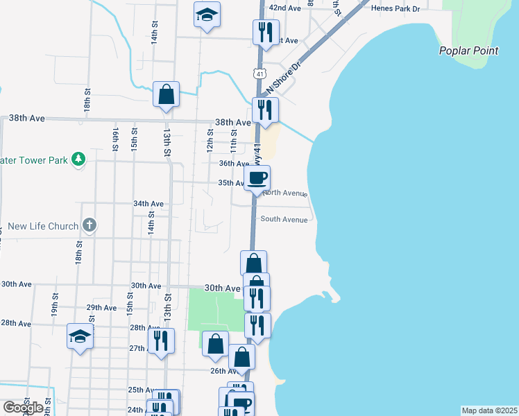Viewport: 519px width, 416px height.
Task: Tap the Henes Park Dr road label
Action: pos(396,9)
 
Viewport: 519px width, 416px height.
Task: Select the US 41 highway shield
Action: pos(259,73)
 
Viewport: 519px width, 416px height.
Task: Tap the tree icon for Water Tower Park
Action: pos(78,159)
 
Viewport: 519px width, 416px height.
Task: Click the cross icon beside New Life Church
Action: pos(89,225)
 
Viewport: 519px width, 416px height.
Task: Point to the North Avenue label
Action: pos(284,193)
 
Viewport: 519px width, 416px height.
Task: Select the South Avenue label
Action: pos(283,219)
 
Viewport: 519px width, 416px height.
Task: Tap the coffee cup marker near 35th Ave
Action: pos(257,178)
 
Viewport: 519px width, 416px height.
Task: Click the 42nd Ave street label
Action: pos(285,8)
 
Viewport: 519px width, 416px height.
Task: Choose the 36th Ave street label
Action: pos(234,164)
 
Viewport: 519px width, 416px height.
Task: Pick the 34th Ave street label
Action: pos(148,204)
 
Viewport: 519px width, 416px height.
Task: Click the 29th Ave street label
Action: pos(101,307)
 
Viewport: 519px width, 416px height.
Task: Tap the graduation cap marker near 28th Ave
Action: pos(80,336)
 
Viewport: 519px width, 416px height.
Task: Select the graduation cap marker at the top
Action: pos(207,15)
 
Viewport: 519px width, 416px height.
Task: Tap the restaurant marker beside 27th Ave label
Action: pos(161,340)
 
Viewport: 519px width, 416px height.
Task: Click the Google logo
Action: pos(23,407)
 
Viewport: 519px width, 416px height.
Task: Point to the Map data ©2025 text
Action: pos(490,410)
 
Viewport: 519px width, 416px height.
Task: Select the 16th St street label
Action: pos(115,139)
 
